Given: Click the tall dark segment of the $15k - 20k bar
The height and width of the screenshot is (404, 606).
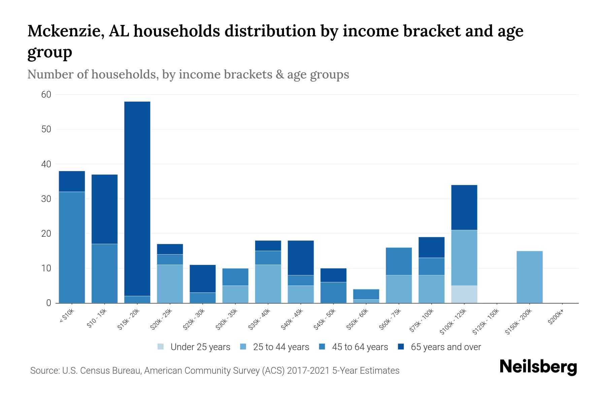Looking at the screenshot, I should tap(137, 199).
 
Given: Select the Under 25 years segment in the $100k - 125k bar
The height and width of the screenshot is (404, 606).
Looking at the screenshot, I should tap(464, 294).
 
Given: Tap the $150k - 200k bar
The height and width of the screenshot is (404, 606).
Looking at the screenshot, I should tap(530, 277).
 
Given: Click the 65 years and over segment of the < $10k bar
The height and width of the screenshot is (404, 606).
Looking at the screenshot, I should tap(72, 181).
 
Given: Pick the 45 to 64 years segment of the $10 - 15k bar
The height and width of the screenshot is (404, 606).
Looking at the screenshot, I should tap(105, 273).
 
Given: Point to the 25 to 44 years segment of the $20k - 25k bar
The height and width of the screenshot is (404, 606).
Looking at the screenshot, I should tap(170, 283).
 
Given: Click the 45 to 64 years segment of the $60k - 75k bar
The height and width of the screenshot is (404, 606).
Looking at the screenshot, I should tap(399, 261).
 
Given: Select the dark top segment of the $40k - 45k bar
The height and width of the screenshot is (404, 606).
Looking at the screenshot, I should tap(301, 258).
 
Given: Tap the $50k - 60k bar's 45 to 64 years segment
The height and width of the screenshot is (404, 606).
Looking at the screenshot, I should tap(366, 294).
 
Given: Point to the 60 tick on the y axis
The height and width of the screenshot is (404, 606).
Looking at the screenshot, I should tap(46, 95).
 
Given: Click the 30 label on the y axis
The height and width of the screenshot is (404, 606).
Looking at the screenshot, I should tap(46, 199).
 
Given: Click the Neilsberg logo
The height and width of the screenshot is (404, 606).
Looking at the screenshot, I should tap(538, 367).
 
